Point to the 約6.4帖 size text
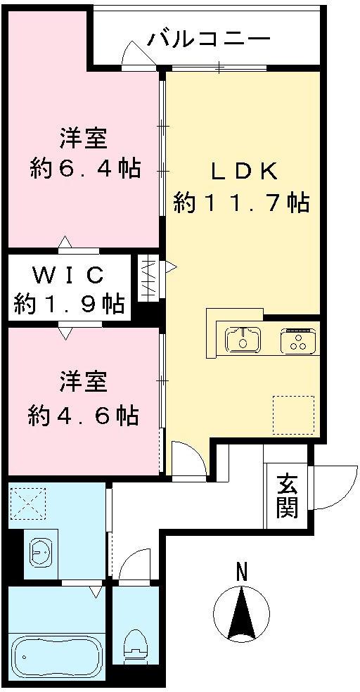pyautogui.click(x=84, y=168)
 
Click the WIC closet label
pyautogui.click(x=69, y=273)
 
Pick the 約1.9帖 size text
pyautogui.click(x=69, y=304)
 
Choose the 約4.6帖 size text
pyautogui.click(x=83, y=414)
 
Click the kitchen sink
pyautogui.click(x=243, y=340)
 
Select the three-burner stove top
pyautogui.click(x=298, y=341)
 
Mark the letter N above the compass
pyautogui.click(x=241, y=570)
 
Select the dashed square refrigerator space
pyautogui.click(x=292, y=415)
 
